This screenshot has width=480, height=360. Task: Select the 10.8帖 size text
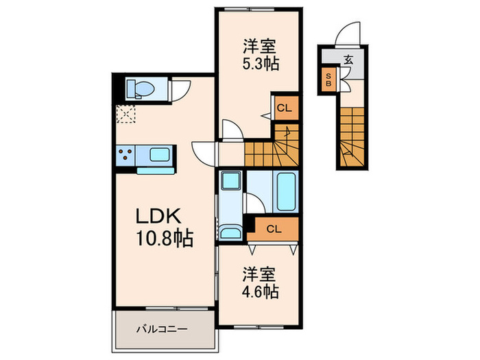click(163, 239)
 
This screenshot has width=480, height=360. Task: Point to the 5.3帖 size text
click(259, 65)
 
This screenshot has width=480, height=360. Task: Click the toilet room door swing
click(181, 89)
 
